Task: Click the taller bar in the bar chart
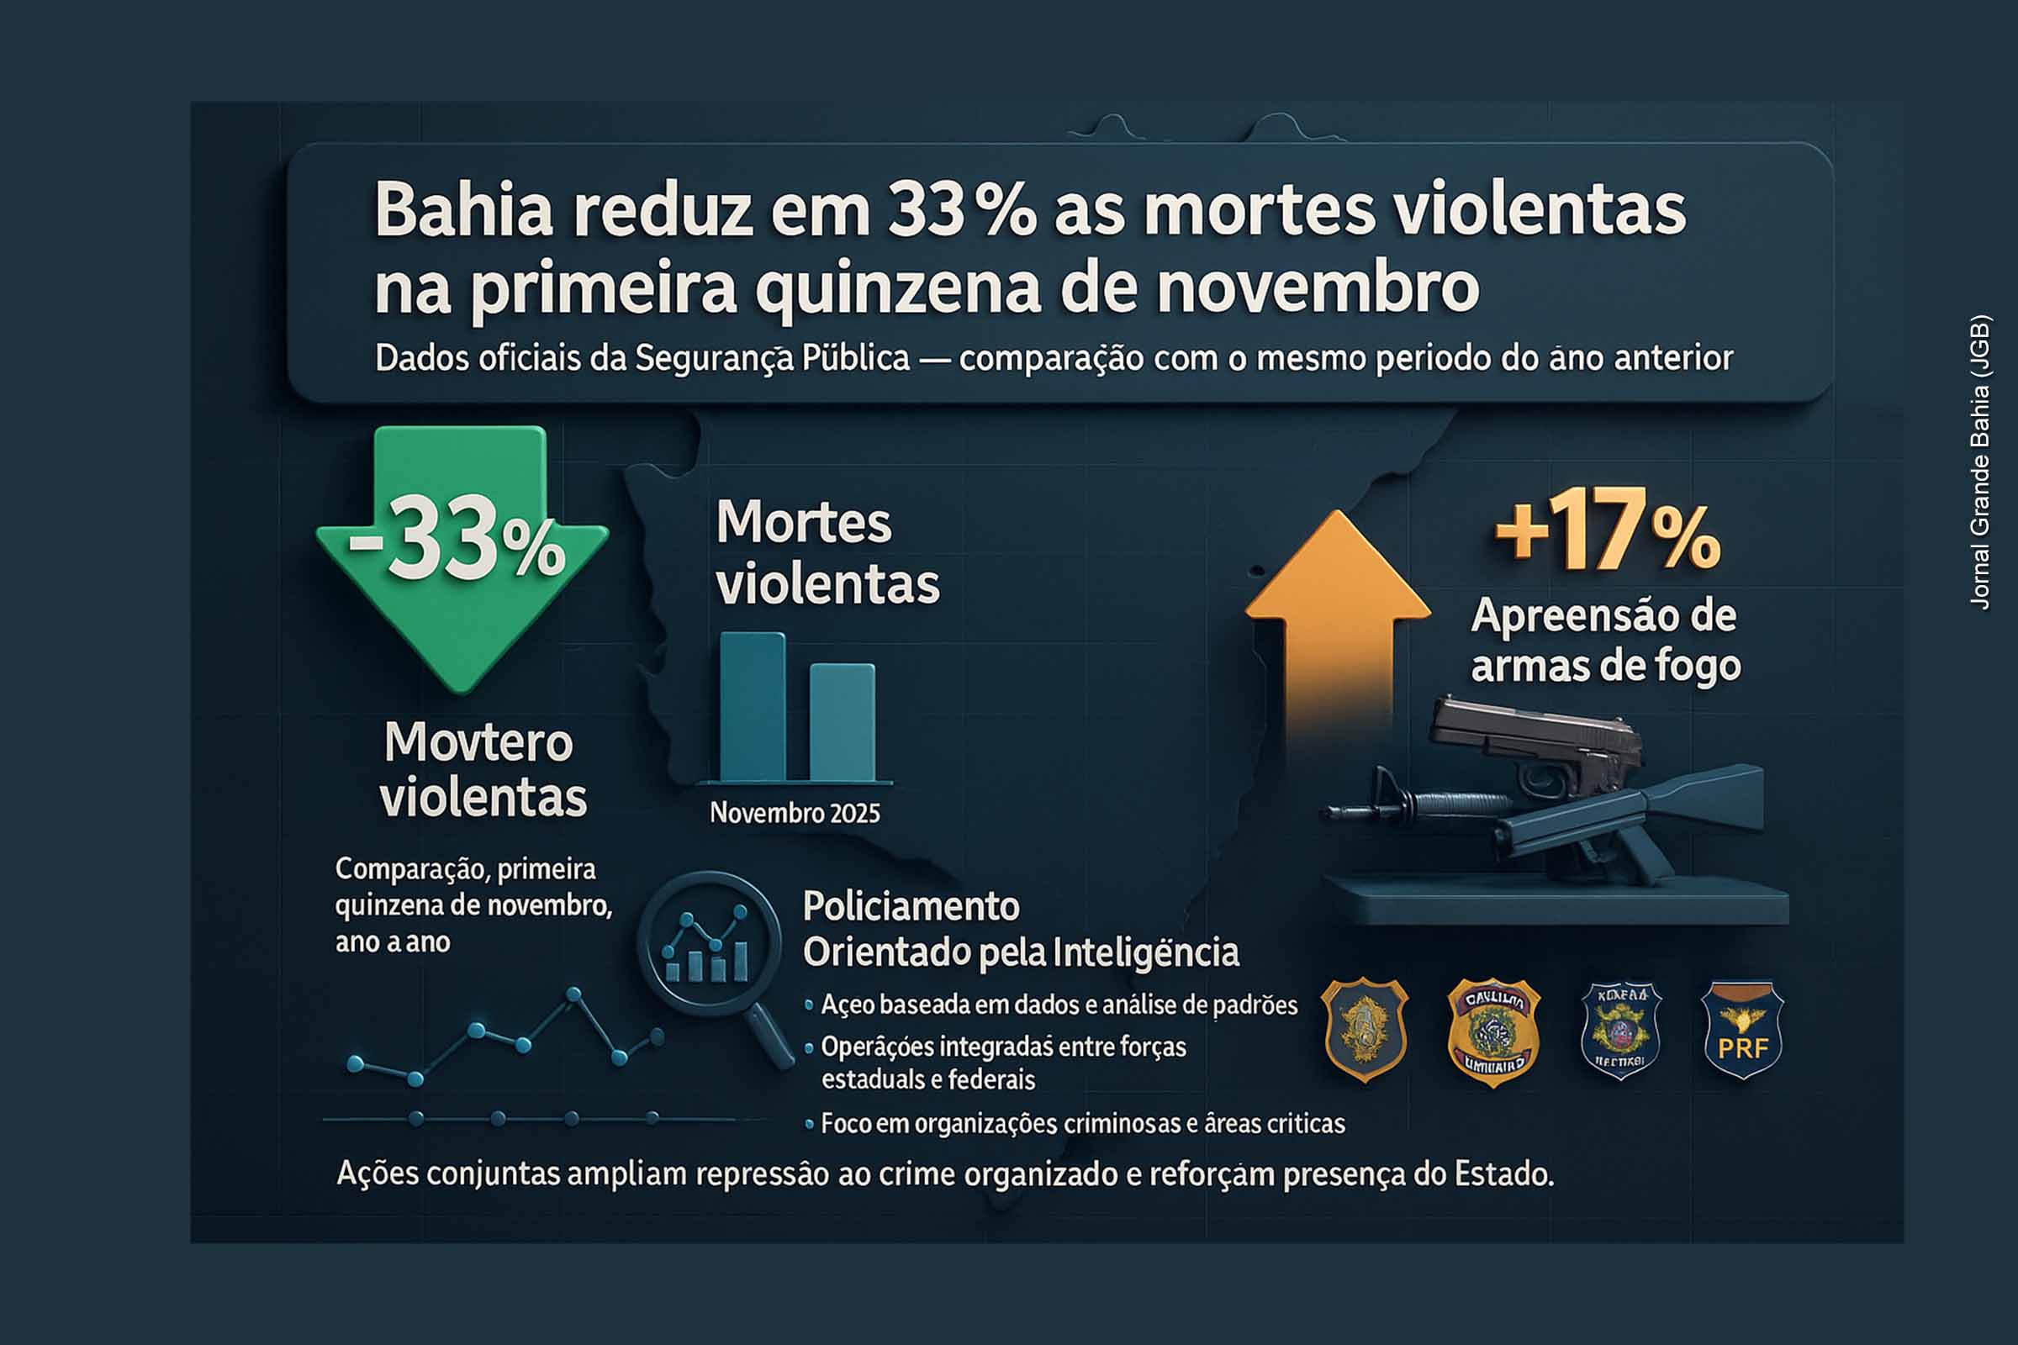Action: pyautogui.click(x=753, y=707)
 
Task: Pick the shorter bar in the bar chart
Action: pyautogui.click(x=843, y=722)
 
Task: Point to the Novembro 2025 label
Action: pyautogui.click(x=795, y=813)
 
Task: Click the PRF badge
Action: pyautogui.click(x=1741, y=1029)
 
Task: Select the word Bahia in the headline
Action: pyautogui.click(x=463, y=210)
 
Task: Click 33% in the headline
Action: pyautogui.click(x=961, y=210)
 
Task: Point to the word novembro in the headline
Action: pyautogui.click(x=1317, y=287)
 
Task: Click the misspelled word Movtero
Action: pyautogui.click(x=478, y=743)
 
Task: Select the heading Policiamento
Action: pyautogui.click(x=911, y=907)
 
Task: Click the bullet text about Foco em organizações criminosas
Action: pyautogui.click(x=1083, y=1124)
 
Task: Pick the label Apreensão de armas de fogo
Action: pyautogui.click(x=1604, y=640)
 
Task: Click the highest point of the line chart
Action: pyautogui.click(x=574, y=994)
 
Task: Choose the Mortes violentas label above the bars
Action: pyautogui.click(x=827, y=553)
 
